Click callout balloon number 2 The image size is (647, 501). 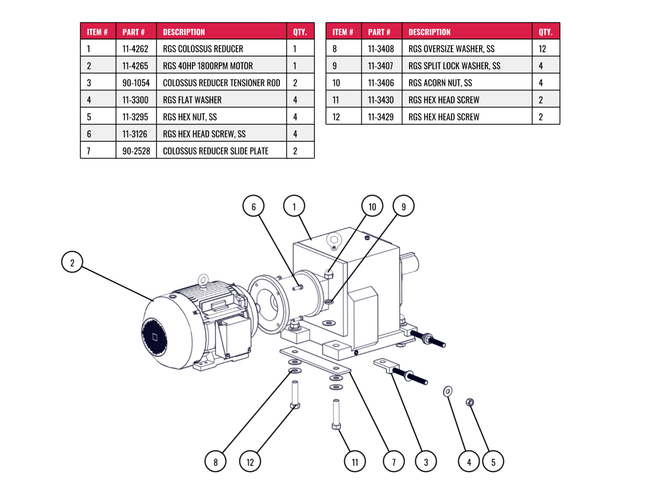[x=72, y=262]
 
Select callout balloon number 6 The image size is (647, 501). [x=253, y=206]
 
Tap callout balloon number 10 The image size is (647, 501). [x=372, y=206]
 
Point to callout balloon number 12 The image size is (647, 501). [x=250, y=462]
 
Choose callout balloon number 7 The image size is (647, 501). [x=394, y=462]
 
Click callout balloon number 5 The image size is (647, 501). [x=493, y=462]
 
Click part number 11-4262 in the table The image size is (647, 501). [x=136, y=49]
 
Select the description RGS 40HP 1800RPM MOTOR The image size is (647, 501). [x=208, y=65]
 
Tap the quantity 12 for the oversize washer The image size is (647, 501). [x=542, y=49]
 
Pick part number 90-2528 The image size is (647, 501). [x=136, y=151]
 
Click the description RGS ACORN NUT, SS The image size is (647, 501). [x=440, y=83]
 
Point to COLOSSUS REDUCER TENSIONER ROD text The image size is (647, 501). [x=222, y=83]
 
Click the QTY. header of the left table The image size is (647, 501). [x=300, y=32]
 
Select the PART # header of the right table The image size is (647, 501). [x=379, y=32]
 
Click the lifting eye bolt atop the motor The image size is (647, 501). [x=203, y=280]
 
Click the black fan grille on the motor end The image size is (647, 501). [x=154, y=338]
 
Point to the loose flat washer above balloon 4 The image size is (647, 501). [x=448, y=391]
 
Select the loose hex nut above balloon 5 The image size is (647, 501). [x=470, y=402]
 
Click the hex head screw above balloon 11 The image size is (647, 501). [x=336, y=414]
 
